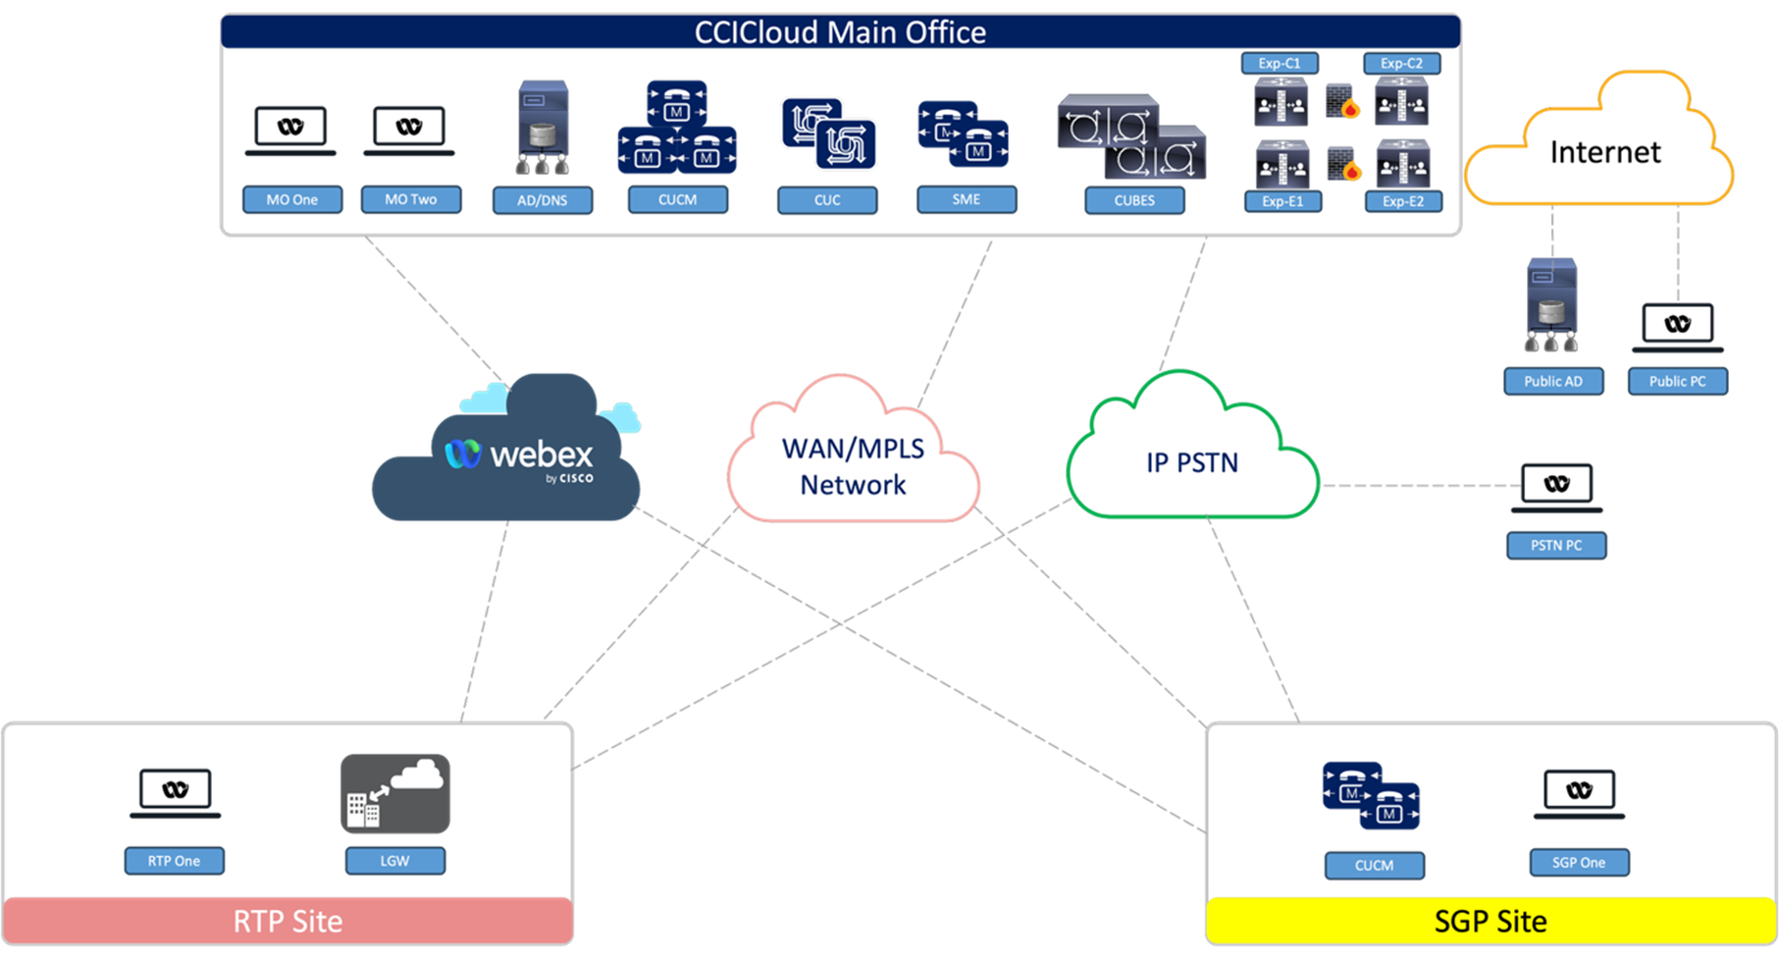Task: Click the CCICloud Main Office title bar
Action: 840,32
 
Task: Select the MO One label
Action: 292,199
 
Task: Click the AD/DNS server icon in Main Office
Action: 543,127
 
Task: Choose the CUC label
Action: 827,200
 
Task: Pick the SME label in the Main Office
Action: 967,199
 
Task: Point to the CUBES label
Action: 1134,200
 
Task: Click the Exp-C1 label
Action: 1280,63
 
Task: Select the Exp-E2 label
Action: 1403,201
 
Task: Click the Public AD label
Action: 1553,381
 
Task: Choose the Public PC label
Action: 1677,381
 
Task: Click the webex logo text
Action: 541,455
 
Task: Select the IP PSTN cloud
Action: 1192,462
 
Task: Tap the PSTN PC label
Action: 1556,545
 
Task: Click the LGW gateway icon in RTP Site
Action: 395,793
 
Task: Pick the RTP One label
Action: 175,861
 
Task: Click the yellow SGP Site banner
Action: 1490,921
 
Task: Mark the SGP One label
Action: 1579,863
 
